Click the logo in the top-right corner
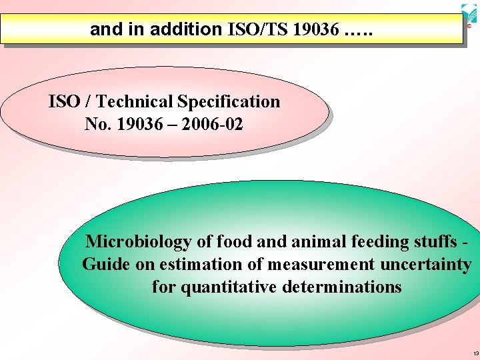(x=469, y=15)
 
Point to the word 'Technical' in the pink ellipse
(x=136, y=102)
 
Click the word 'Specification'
(x=229, y=102)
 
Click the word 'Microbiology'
(x=137, y=241)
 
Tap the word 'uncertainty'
(x=425, y=264)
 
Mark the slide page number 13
(x=474, y=353)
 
